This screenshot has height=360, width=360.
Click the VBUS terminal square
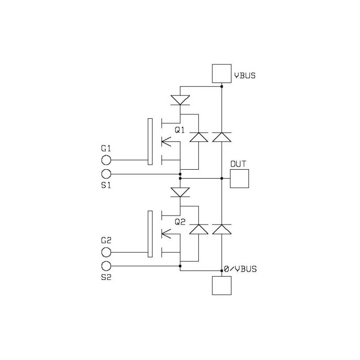point(221,73)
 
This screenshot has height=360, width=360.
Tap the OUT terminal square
point(239,179)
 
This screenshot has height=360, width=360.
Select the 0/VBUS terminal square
point(221,285)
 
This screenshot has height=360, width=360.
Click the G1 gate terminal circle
point(106,160)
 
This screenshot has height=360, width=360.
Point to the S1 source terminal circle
point(106,174)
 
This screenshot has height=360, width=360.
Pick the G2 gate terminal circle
point(106,252)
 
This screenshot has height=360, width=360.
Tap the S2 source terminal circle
point(106,265)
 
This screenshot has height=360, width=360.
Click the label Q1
point(180,130)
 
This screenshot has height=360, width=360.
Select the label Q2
point(180,222)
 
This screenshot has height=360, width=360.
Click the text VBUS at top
point(244,76)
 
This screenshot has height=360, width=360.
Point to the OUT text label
point(238,164)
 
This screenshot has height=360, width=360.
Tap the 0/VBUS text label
point(240,269)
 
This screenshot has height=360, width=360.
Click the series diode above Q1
point(180,100)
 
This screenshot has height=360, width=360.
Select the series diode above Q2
point(180,192)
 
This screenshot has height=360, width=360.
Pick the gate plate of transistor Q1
point(150,141)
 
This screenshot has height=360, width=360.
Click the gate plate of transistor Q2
point(150,233)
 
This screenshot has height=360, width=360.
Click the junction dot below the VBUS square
point(221,86)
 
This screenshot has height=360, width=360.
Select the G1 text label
point(106,148)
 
